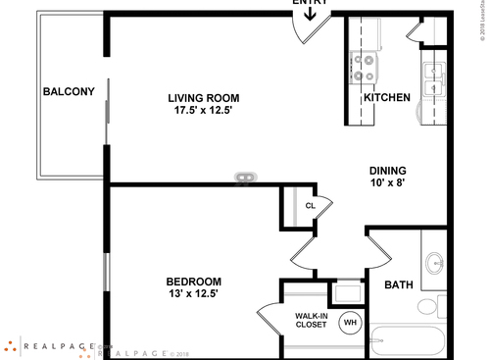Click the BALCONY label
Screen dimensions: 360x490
69,92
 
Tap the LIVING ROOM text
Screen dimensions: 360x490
203,98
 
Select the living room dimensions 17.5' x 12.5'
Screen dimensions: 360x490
203,111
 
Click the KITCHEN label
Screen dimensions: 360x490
386,98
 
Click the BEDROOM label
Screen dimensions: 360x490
193,281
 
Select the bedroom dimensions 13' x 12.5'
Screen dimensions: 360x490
193,293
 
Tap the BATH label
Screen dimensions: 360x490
398,285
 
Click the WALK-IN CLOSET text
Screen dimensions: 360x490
311,321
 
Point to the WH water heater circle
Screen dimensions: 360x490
350,321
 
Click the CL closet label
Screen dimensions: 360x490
310,206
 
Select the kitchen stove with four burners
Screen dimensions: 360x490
365,67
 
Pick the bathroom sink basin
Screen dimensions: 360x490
433,263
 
